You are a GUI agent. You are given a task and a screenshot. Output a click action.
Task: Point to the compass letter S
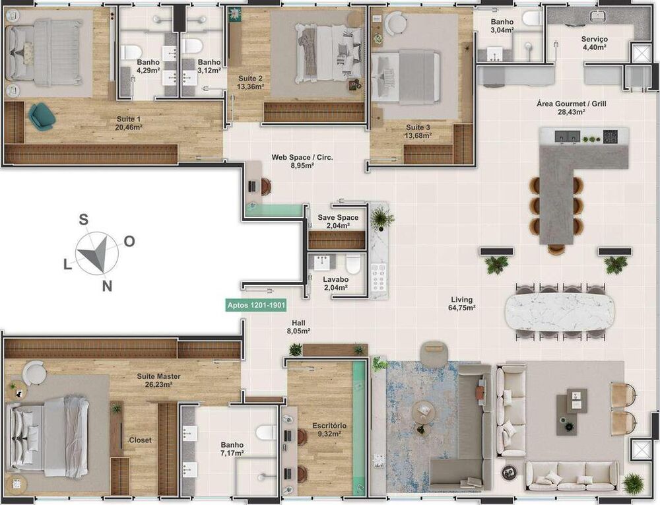click(x=84, y=220)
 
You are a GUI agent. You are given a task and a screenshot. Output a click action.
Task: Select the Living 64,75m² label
click(x=462, y=304)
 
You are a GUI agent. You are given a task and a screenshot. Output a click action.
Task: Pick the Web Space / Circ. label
click(x=302, y=161)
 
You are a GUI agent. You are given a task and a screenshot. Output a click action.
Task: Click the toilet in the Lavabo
click(x=353, y=263)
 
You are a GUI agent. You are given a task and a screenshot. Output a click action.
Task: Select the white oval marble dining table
click(x=559, y=312)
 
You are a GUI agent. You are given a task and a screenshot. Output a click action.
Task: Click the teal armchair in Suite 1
click(x=42, y=118)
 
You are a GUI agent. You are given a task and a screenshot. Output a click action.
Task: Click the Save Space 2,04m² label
click(x=338, y=221)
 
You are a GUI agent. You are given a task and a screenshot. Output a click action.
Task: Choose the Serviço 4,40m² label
click(x=594, y=43)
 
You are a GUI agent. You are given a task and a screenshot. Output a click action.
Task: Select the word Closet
click(x=139, y=440)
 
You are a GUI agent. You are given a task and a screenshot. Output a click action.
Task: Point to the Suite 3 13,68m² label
click(x=418, y=131)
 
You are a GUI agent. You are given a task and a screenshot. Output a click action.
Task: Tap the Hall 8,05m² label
click(x=298, y=327)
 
